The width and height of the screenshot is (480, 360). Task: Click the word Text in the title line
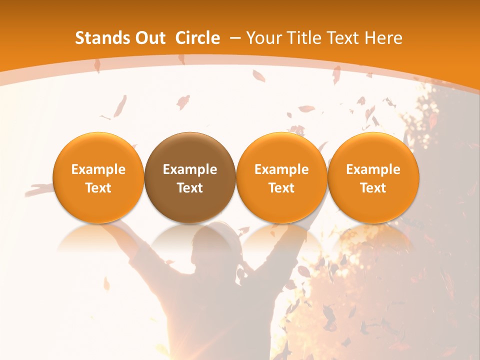(342, 38)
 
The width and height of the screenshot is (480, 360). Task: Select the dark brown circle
(190, 177)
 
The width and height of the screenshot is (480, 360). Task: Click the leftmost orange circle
(98, 177)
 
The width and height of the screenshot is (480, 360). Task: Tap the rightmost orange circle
(373, 177)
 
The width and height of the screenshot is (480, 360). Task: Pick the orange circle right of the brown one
(281, 177)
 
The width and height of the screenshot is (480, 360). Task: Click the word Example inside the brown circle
(190, 169)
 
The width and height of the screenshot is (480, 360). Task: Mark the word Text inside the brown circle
(190, 188)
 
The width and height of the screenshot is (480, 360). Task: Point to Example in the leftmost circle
(98, 169)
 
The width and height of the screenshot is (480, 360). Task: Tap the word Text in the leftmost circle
(98, 188)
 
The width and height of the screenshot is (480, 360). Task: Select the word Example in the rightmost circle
(373, 169)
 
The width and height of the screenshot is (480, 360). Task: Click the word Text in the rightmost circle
(373, 188)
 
